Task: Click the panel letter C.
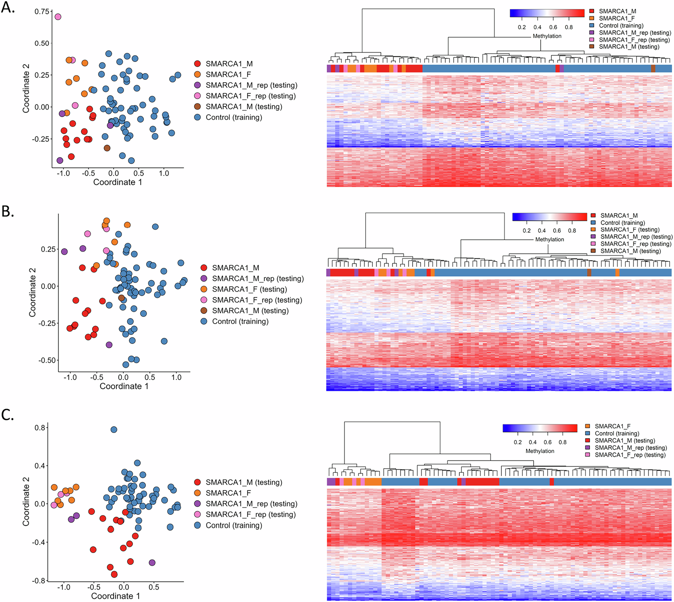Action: (7, 415)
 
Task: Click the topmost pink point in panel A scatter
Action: (58, 17)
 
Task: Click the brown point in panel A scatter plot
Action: (107, 148)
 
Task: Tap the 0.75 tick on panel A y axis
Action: (42, 12)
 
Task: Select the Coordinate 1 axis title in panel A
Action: (118, 182)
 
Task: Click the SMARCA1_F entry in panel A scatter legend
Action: (228, 74)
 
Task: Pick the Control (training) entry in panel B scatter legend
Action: (240, 321)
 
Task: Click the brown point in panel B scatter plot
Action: (121, 298)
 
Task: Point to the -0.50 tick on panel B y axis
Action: (47, 360)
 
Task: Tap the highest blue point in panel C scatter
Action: (114, 430)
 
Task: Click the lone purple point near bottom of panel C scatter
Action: (152, 563)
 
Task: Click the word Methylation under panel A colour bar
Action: (547, 36)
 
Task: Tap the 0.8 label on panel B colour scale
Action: (572, 231)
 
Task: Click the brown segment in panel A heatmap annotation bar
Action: (653, 69)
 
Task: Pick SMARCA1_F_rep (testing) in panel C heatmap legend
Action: (630, 455)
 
